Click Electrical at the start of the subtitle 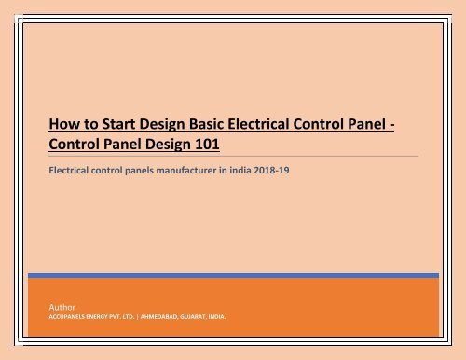point(72,170)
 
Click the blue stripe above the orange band point(233,275)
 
